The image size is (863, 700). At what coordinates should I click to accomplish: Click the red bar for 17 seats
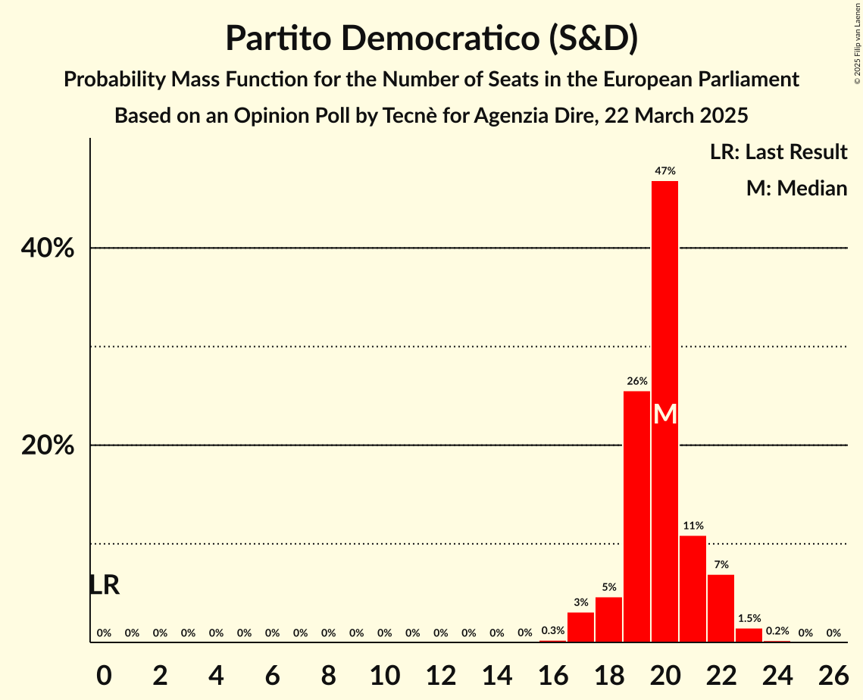click(x=580, y=627)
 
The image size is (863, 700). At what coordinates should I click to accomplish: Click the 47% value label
click(x=665, y=171)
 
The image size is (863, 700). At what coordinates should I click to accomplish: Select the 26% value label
click(x=637, y=381)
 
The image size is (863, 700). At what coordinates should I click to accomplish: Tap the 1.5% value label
click(x=749, y=618)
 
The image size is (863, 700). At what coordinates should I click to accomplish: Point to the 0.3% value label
click(x=552, y=631)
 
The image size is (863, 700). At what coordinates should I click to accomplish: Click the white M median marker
click(x=664, y=414)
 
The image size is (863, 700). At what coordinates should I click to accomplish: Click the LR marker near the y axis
click(x=104, y=585)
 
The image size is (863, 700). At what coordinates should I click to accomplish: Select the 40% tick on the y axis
click(x=48, y=248)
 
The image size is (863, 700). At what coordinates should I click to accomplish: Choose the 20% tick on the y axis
click(x=48, y=445)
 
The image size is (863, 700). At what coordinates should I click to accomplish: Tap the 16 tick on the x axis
click(x=552, y=673)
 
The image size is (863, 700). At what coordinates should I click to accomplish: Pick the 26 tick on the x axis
click(x=833, y=673)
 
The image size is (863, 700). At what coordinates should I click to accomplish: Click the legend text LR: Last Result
click(x=778, y=152)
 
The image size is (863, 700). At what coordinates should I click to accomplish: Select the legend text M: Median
click(x=796, y=188)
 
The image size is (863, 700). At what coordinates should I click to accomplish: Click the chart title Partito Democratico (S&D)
click(x=431, y=39)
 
